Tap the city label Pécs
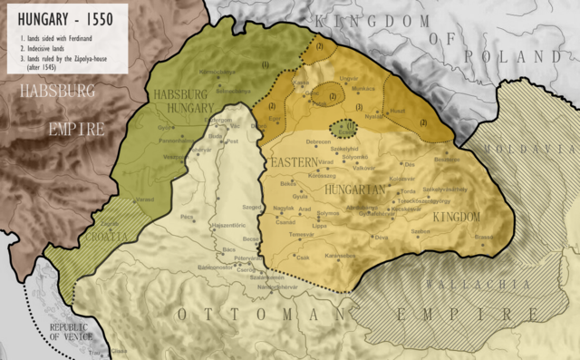click(x=188, y=218)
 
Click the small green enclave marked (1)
click(x=343, y=128)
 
